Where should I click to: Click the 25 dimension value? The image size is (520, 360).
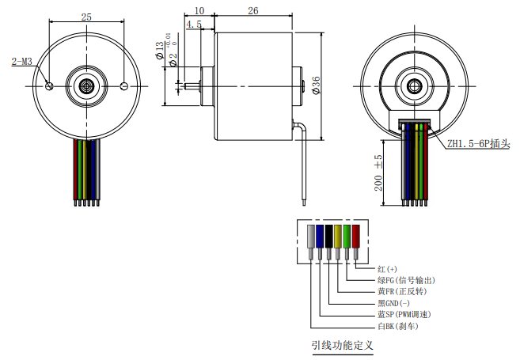click(x=86, y=17)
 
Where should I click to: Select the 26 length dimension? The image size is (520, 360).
click(x=252, y=11)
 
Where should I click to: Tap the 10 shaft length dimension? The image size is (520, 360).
click(x=199, y=11)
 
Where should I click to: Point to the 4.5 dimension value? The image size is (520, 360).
click(x=193, y=25)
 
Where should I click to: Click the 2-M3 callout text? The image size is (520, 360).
click(x=21, y=61)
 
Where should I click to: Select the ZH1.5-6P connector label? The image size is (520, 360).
click(x=477, y=145)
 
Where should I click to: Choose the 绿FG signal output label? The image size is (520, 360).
click(x=406, y=280)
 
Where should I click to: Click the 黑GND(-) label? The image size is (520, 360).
click(x=395, y=303)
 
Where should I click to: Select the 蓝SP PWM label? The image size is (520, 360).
click(x=405, y=314)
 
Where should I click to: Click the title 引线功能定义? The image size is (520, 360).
click(x=341, y=345)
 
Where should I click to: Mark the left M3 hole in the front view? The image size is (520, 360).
click(x=50, y=85)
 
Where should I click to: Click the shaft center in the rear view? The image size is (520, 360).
click(x=412, y=85)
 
